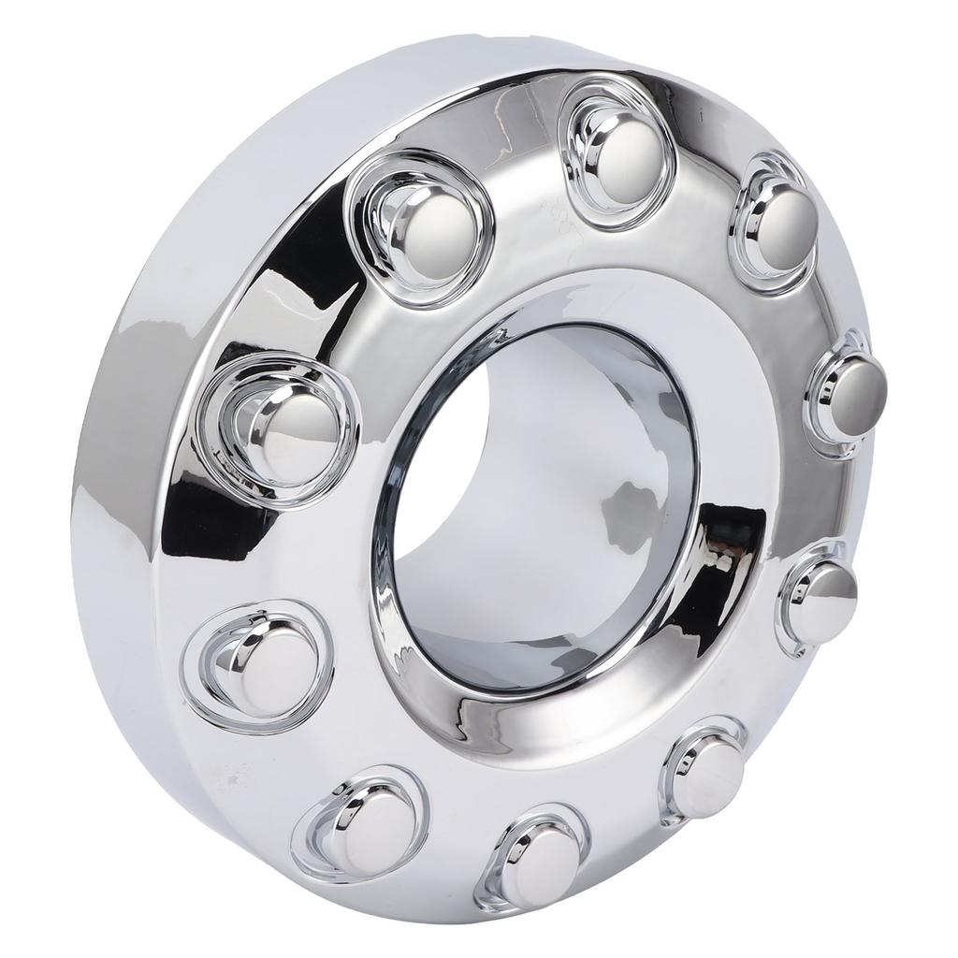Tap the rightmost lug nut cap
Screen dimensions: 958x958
point(849,391)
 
